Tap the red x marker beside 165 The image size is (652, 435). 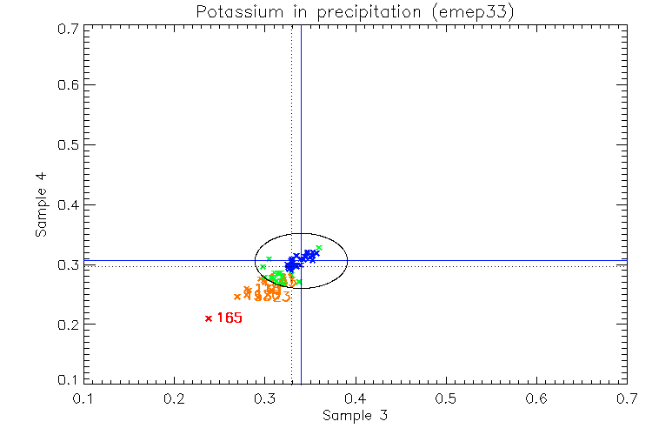209,318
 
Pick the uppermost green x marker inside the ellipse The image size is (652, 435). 319,248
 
